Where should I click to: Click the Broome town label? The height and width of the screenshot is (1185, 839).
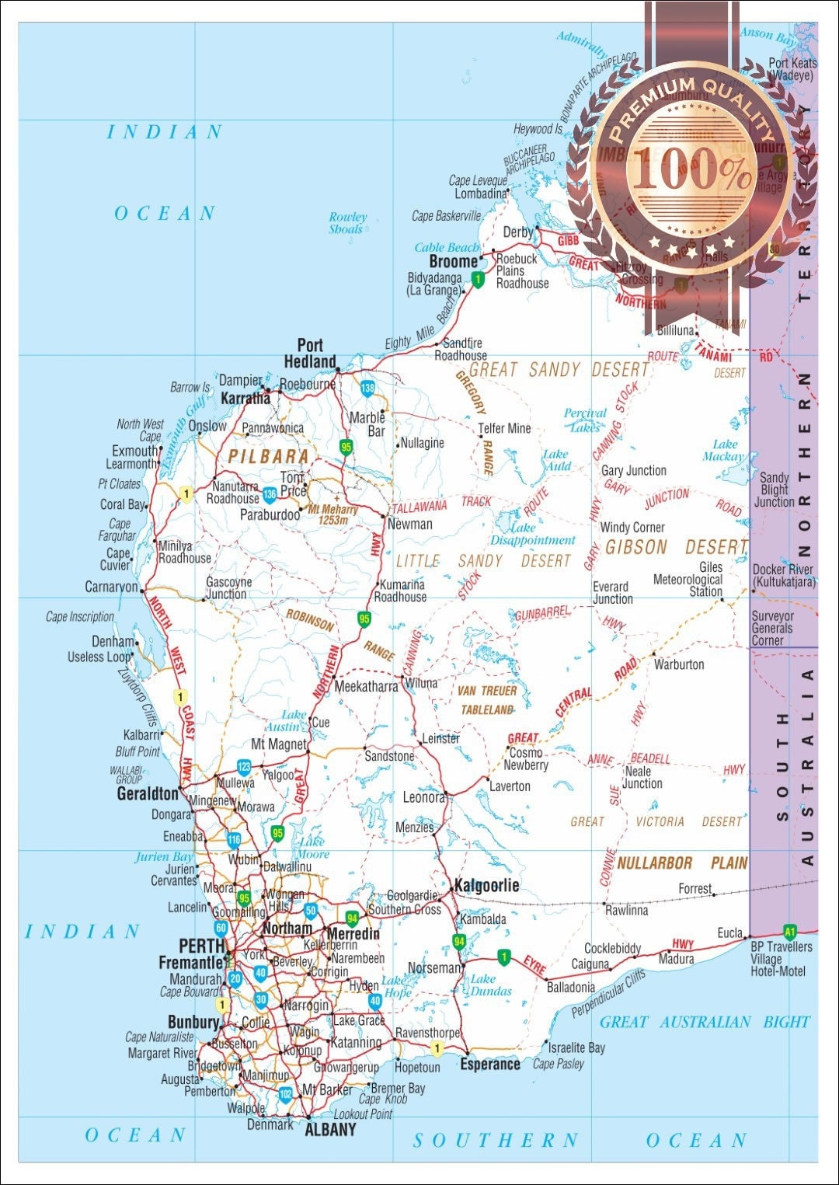pyautogui.click(x=453, y=262)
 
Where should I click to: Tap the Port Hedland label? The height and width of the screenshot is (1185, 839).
pyautogui.click(x=310, y=354)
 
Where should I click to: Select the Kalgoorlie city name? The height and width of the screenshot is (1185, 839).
pyautogui.click(x=486, y=886)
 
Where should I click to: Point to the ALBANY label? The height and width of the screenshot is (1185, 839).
pyautogui.click(x=330, y=1130)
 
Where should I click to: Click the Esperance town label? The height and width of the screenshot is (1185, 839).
pyautogui.click(x=489, y=1064)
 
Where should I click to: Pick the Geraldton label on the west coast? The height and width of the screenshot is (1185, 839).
pyautogui.click(x=148, y=794)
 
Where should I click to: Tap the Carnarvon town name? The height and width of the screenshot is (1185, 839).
pyautogui.click(x=111, y=587)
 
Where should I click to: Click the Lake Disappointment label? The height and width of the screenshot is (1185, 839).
pyautogui.click(x=532, y=534)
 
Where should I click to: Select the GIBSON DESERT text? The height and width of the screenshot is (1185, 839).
pyautogui.click(x=676, y=547)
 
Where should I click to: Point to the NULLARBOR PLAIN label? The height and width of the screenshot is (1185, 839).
pyautogui.click(x=682, y=863)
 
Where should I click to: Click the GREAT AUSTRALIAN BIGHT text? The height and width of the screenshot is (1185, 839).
pyautogui.click(x=705, y=1022)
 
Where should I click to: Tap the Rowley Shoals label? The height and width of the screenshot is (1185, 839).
pyautogui.click(x=346, y=223)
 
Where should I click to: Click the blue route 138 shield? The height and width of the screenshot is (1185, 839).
pyautogui.click(x=367, y=387)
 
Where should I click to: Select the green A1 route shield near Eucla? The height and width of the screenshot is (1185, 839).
pyautogui.click(x=790, y=932)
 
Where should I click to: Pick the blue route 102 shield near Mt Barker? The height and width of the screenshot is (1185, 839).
pyautogui.click(x=285, y=1094)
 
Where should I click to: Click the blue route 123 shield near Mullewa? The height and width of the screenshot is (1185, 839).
pyautogui.click(x=244, y=767)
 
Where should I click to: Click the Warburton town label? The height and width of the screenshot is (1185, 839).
pyautogui.click(x=679, y=664)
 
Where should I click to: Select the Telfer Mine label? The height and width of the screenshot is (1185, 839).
pyautogui.click(x=504, y=428)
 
